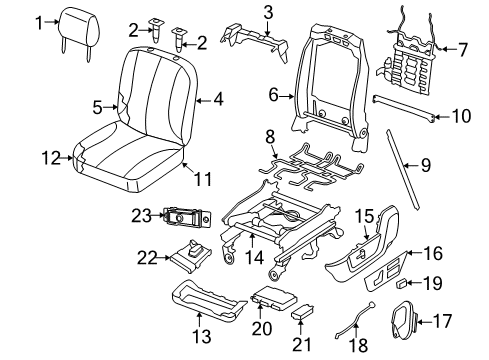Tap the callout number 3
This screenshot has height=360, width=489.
pyautogui.click(x=240, y=12)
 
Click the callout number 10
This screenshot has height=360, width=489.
pyautogui.click(x=461, y=115)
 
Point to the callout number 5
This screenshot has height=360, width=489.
pyautogui.click(x=97, y=105)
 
